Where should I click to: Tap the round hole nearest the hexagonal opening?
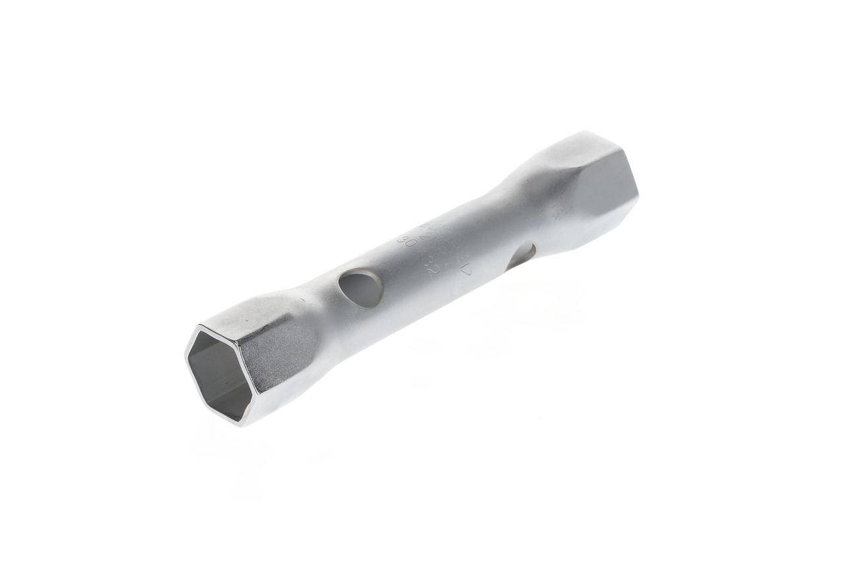pyautogui.click(x=360, y=288)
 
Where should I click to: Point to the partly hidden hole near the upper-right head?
pyautogui.click(x=522, y=255)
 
